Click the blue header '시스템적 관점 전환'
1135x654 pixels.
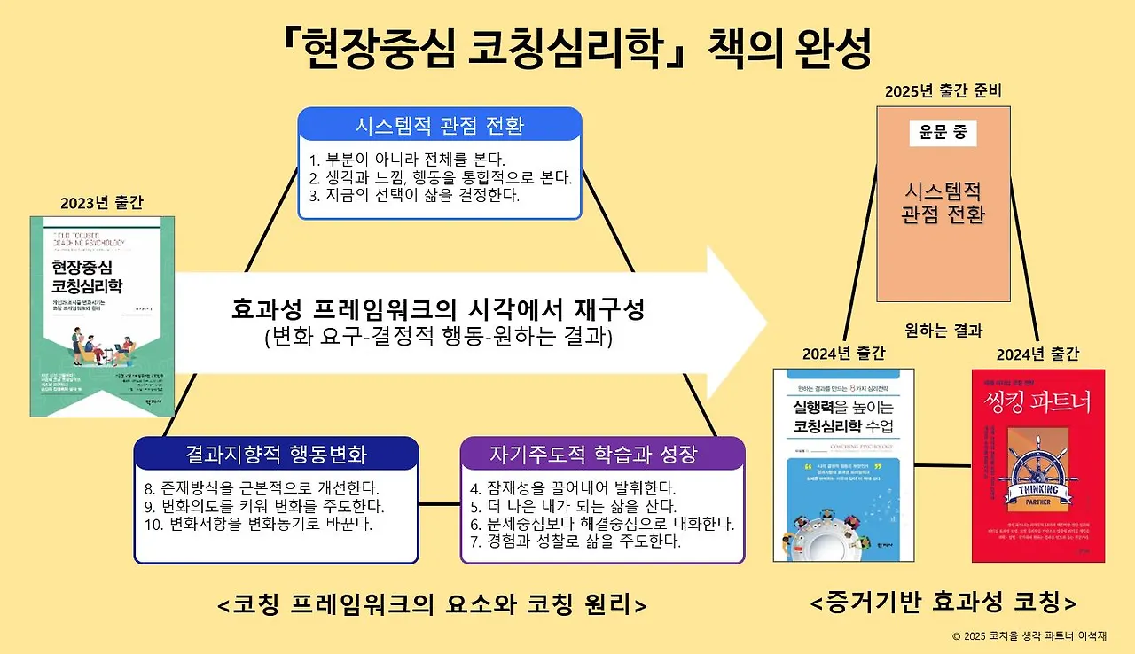(x=439, y=126)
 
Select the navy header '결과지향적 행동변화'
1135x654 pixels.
(x=276, y=455)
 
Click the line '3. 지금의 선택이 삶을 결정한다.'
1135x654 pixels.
(x=414, y=195)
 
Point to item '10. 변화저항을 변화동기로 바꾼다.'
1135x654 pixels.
(x=257, y=524)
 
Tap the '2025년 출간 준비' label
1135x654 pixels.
(x=943, y=92)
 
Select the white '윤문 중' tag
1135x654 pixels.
(x=942, y=134)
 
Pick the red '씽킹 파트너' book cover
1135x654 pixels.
(x=1037, y=465)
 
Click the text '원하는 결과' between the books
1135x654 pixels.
(x=943, y=331)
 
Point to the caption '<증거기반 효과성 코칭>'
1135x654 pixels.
(x=943, y=604)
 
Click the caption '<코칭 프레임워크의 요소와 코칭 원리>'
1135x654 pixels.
(x=431, y=605)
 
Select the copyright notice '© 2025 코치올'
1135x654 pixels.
(x=1029, y=636)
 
